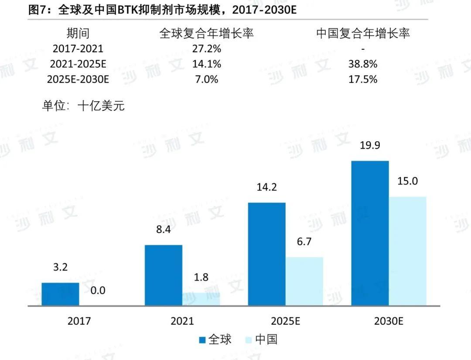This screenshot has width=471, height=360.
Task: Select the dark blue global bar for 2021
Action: point(164,275)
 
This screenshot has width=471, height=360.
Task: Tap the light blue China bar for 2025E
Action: point(304,281)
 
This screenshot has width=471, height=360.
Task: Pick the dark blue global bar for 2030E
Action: point(370,233)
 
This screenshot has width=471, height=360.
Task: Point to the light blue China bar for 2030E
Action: point(407,251)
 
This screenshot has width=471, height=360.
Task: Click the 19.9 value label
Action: point(370,145)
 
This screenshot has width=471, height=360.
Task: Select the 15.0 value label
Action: point(407,181)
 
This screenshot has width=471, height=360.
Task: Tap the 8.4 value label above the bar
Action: point(164,229)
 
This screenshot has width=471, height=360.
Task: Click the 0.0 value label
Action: point(98,290)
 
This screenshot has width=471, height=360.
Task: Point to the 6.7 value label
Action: point(304,241)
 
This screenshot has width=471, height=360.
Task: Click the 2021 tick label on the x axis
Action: point(182,321)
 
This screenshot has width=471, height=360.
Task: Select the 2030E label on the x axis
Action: point(389,321)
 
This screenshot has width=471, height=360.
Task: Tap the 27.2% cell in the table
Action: point(206,48)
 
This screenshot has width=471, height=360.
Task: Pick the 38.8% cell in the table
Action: point(363,64)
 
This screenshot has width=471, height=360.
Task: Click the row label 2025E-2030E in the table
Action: point(78,79)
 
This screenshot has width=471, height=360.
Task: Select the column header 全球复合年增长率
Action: point(206,33)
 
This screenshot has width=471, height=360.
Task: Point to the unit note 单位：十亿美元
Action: point(83,106)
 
